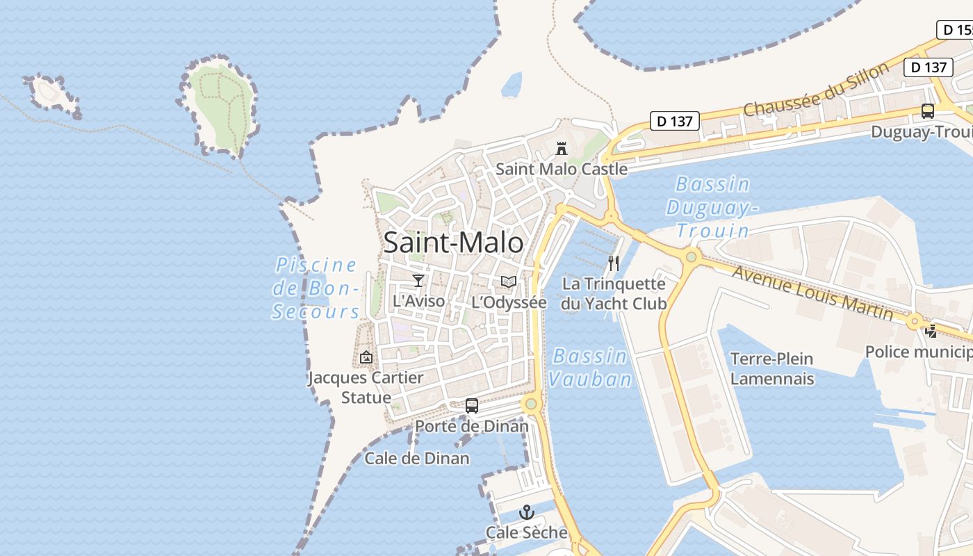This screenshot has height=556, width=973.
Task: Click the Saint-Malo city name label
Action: [453, 243]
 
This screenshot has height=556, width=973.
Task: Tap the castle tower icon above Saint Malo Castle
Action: [561, 148]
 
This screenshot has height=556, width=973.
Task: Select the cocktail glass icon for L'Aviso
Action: [418, 280]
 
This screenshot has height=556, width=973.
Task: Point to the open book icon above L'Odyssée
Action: [509, 281]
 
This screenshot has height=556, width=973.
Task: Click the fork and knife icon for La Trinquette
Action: [613, 263]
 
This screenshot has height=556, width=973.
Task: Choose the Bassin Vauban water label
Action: [590, 368]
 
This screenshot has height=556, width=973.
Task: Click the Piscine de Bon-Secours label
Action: [316, 288]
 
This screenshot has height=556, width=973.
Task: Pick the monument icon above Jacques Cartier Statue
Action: [366, 357]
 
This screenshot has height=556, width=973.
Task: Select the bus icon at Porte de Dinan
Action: [471, 405]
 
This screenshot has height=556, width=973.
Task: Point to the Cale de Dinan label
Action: [417, 458]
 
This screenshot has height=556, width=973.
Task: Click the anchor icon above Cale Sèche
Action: [527, 513]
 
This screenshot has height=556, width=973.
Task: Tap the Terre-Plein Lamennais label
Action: [771, 368]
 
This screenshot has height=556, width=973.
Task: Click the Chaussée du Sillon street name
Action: [816, 90]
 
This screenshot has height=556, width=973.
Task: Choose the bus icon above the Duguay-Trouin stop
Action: [927, 111]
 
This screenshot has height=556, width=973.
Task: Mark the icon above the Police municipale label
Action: [931, 332]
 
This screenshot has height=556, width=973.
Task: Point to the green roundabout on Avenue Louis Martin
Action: [691, 257]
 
